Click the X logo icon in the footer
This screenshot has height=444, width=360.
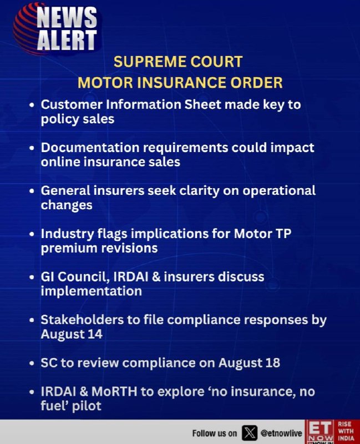[250, 433]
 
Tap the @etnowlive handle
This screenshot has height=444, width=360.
[281, 433]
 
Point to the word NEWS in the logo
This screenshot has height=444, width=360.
[67, 18]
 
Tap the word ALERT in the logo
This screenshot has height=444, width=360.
[67, 40]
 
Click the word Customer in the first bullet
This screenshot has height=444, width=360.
[72, 104]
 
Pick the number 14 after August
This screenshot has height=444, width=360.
[95, 334]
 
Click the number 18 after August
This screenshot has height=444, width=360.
[272, 363]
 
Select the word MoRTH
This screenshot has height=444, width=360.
[114, 392]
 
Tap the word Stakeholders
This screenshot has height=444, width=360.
[82, 320]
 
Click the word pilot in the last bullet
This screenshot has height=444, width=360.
[87, 406]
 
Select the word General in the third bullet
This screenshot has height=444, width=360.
[65, 190]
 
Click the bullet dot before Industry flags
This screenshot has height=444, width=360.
[32, 234]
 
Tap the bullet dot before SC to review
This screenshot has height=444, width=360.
[32, 364]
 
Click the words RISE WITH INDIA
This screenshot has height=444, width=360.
[346, 431]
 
